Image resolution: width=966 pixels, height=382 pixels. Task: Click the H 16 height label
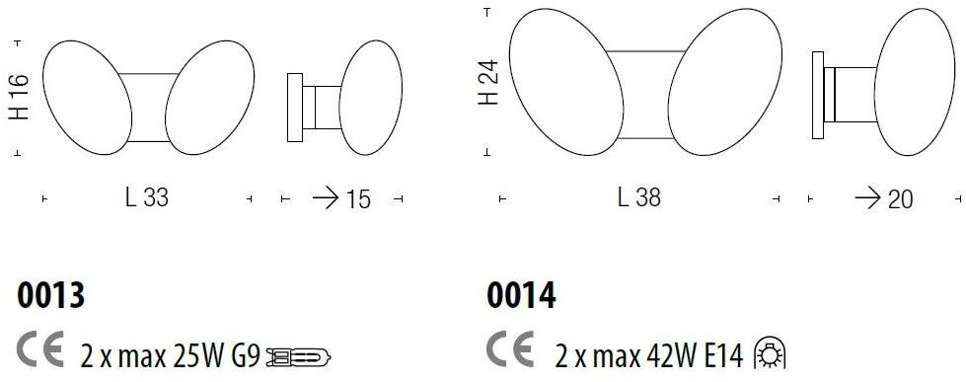click(19, 97)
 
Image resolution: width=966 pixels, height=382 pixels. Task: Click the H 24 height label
click(489, 82)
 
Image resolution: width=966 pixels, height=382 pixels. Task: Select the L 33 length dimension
click(147, 198)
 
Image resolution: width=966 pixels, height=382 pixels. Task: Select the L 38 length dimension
click(638, 198)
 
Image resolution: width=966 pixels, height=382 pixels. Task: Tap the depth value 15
click(358, 200)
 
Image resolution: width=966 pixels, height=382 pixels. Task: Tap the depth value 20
click(900, 200)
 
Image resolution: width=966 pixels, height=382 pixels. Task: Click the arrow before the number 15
click(325, 198)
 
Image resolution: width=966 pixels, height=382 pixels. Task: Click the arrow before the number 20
click(866, 198)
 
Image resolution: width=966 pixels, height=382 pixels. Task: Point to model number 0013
click(50, 295)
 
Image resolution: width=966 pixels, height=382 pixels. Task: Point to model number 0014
click(521, 295)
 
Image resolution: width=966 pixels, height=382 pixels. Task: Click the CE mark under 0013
click(40, 349)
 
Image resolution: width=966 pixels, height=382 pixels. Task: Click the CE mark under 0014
click(511, 349)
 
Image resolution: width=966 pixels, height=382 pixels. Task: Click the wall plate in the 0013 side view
click(293, 108)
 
